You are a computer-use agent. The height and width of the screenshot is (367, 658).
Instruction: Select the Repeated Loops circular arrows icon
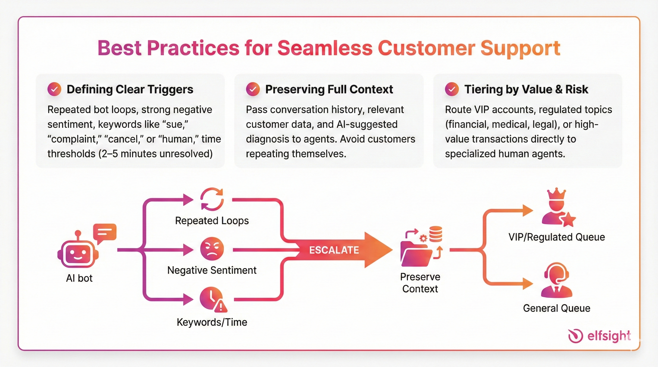[x=212, y=199]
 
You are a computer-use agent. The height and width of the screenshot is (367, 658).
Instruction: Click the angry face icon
[x=212, y=249]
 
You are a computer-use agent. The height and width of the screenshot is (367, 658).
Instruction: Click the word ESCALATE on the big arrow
[x=334, y=250]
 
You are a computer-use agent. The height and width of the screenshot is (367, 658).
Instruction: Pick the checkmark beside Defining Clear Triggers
[x=54, y=89]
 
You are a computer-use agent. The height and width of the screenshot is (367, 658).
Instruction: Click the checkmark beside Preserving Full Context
[x=253, y=89]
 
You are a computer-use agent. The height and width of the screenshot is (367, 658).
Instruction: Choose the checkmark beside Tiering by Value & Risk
[x=452, y=89]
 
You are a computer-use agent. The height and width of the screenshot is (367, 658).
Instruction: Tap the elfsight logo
[x=599, y=336]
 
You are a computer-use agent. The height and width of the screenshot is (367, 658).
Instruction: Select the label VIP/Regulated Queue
[x=557, y=237]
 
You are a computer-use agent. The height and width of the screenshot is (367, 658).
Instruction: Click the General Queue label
[x=557, y=308]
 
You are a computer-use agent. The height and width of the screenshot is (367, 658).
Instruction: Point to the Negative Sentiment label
[x=212, y=270]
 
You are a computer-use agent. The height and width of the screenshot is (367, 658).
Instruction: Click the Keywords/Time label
[x=212, y=322]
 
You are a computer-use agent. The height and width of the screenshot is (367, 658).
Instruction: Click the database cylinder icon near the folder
[x=435, y=234]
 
